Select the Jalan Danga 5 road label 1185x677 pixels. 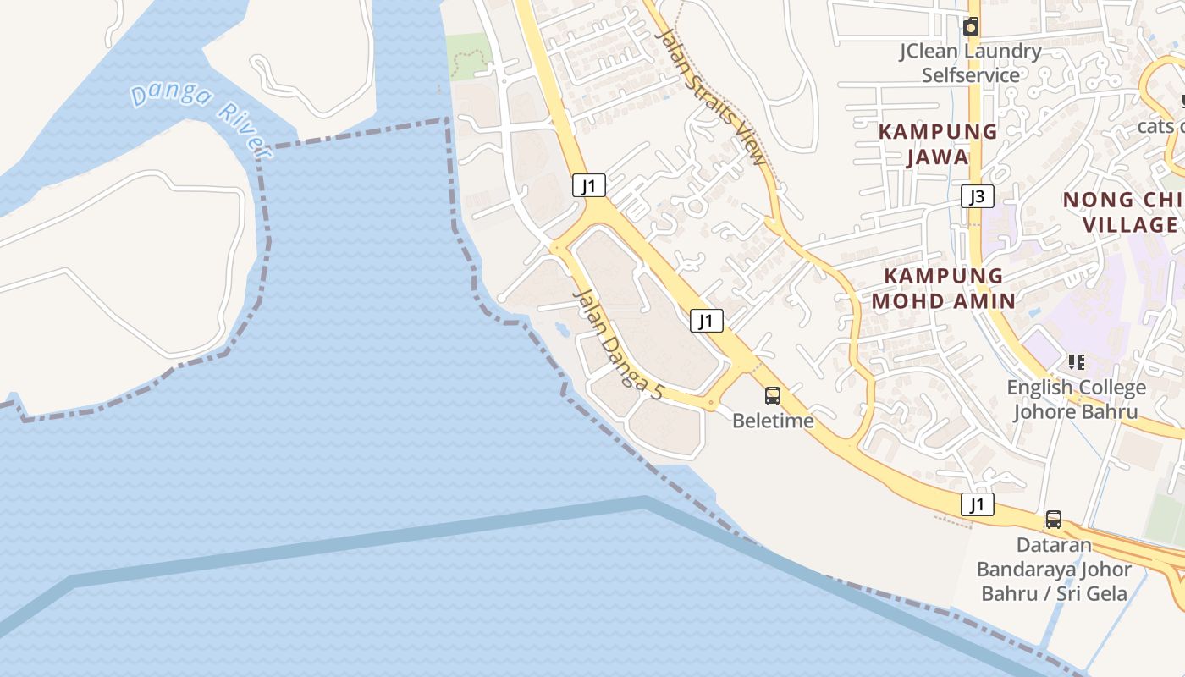pyautogui.click(x=617, y=344)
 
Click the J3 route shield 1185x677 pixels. pyautogui.click(x=977, y=197)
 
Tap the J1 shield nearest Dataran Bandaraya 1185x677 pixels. pyautogui.click(x=978, y=505)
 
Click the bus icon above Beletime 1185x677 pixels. pyautogui.click(x=773, y=395)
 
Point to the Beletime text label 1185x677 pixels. pyautogui.click(x=773, y=420)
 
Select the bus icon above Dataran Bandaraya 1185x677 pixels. pyautogui.click(x=1054, y=520)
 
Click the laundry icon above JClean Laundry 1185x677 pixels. pyautogui.click(x=971, y=26)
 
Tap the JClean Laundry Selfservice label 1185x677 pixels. pyautogui.click(x=970, y=63)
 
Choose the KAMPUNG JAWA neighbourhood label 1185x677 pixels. pyautogui.click(x=937, y=144)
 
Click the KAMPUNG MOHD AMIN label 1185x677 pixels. pyautogui.click(x=944, y=288)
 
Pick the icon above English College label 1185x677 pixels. pyautogui.click(x=1077, y=363)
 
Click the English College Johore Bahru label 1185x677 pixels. pyautogui.click(x=1076, y=399)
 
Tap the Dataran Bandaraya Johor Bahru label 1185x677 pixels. pyautogui.click(x=1054, y=569)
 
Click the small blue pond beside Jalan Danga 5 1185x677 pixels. pyautogui.click(x=562, y=326)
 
